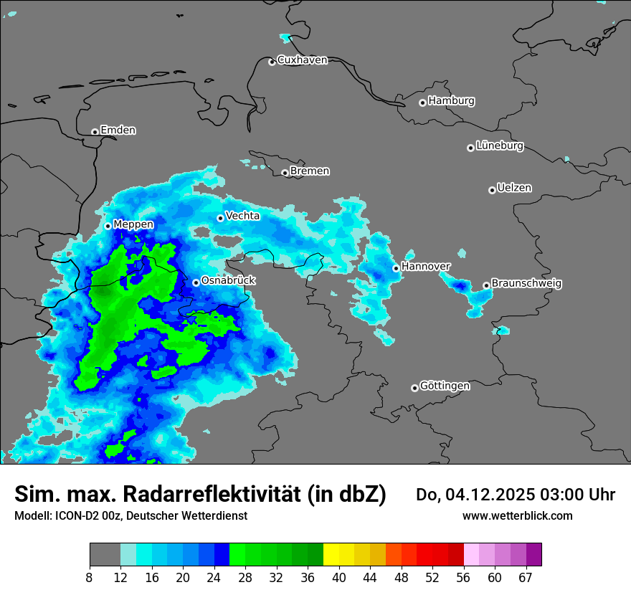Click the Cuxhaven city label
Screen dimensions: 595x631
point(302,60)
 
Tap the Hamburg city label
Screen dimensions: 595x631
point(451,101)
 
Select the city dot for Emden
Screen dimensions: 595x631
point(95,132)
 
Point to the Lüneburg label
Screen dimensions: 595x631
point(499,146)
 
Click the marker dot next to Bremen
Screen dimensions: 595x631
point(285,173)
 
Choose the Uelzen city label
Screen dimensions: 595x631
point(514,188)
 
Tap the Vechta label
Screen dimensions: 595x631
point(242,216)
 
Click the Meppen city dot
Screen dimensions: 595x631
point(108,226)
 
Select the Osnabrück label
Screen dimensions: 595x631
point(228,281)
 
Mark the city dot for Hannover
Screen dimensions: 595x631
point(396,268)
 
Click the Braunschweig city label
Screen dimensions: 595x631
point(526,284)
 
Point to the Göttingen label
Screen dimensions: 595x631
point(445,386)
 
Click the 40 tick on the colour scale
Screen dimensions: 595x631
point(339,577)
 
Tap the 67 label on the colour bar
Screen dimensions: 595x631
point(526,577)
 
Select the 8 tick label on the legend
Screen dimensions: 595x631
point(90,577)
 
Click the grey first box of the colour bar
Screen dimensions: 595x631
point(105,555)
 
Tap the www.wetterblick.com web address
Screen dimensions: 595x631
point(518,515)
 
